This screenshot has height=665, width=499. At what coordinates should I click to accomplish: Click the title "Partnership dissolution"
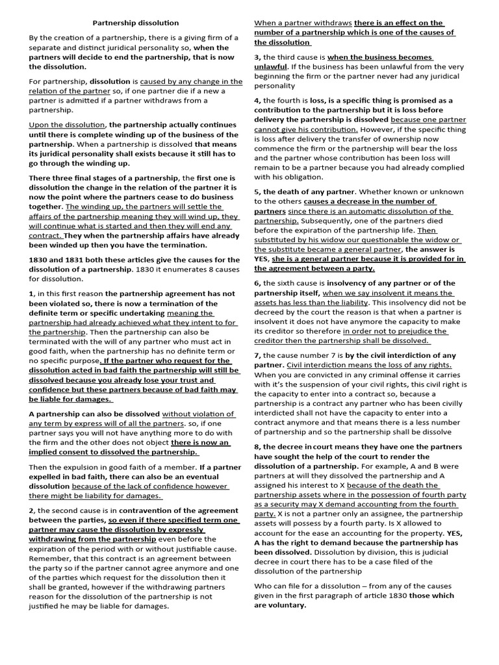coord(136,23)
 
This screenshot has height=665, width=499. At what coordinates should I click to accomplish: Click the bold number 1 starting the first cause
coord(31,294)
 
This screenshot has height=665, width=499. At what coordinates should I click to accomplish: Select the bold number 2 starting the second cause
coord(31,510)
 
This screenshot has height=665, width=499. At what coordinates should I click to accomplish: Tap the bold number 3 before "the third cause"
coord(257,57)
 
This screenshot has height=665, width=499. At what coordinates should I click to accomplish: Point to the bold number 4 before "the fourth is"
coord(257,101)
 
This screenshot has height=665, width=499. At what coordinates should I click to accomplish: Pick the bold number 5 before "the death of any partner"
coord(257,192)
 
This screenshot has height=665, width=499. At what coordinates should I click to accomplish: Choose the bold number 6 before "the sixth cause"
coord(257,283)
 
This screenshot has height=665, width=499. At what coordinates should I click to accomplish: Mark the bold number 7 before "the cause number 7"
coord(257,355)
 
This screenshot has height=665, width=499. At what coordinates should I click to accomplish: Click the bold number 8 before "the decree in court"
coord(257,447)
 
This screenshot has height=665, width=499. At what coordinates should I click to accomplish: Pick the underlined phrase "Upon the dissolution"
coord(67,125)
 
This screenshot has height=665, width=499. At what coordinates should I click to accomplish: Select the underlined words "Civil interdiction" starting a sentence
coord(320,365)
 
